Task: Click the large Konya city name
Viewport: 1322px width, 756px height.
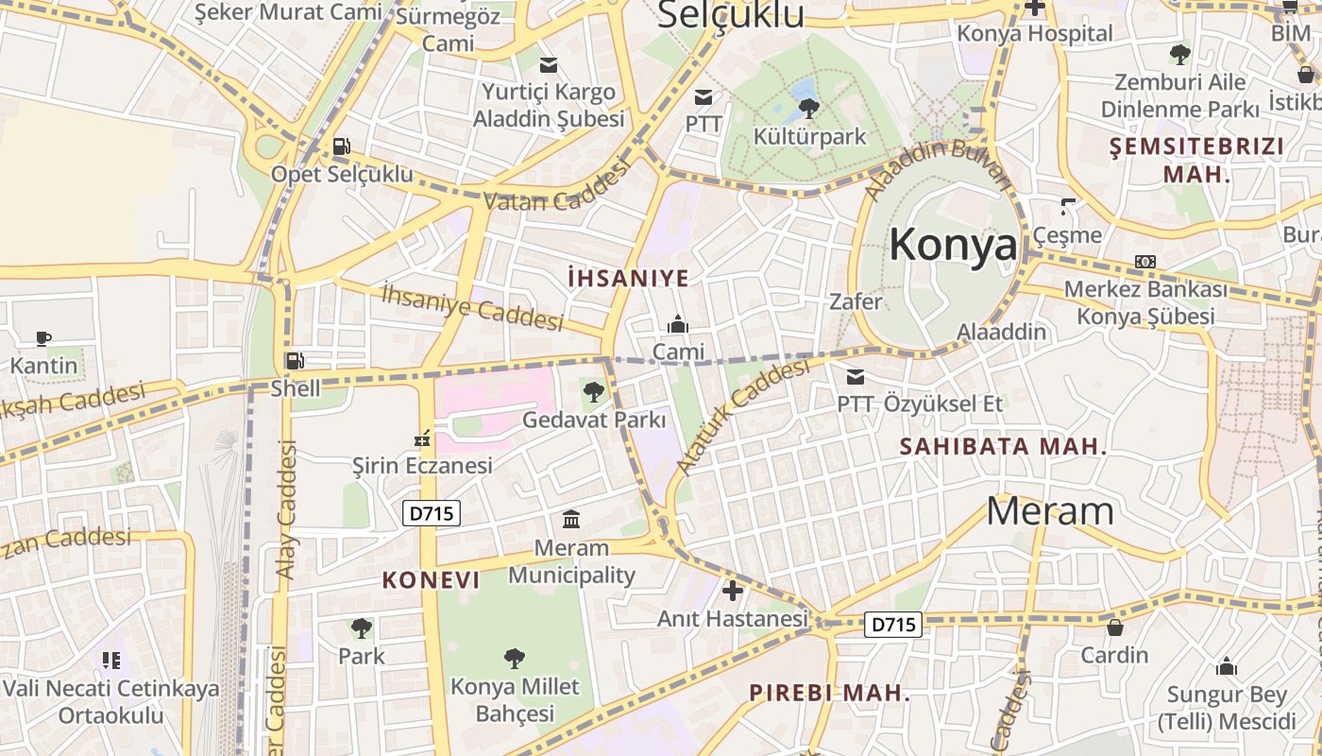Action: click(954, 245)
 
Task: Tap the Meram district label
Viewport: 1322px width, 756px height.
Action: click(1050, 511)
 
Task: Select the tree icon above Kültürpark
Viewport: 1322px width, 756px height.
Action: click(809, 108)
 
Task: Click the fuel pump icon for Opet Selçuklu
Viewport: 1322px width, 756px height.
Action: click(341, 146)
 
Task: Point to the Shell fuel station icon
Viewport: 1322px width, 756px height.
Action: click(295, 360)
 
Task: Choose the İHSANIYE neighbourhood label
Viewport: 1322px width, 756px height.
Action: click(628, 278)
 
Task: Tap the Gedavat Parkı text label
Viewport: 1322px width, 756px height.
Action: click(594, 420)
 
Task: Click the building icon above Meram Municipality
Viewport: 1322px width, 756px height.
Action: click(571, 519)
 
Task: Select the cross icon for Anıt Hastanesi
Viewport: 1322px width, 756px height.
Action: click(732, 592)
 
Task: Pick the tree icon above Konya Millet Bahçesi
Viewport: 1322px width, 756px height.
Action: click(514, 658)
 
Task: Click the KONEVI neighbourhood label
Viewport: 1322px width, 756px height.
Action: click(431, 580)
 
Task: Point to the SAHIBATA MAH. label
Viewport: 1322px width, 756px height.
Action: click(1003, 446)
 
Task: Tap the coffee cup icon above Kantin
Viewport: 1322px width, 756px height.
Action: click(43, 337)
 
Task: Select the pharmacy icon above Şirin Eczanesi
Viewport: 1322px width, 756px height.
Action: click(422, 438)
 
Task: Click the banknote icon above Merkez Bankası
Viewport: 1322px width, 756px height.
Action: click(1145, 262)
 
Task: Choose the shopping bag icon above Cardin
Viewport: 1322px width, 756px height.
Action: click(1115, 627)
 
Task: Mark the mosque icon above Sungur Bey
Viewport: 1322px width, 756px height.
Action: click(1227, 667)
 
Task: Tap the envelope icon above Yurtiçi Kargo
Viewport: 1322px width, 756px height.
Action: click(548, 65)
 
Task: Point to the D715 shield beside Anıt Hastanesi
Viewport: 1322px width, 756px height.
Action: click(893, 625)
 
